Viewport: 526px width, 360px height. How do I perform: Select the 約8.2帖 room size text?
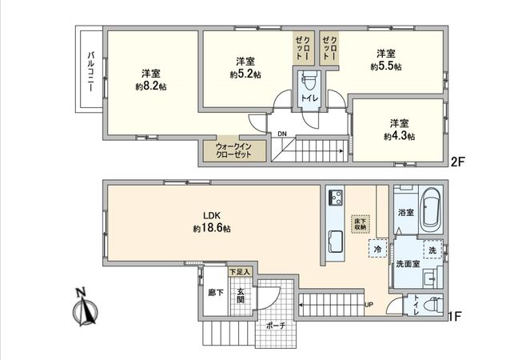[150, 86]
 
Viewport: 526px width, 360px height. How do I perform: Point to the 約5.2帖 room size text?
[245, 74]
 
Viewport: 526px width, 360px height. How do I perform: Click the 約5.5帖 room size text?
[386, 67]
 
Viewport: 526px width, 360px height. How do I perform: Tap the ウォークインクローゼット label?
[233, 150]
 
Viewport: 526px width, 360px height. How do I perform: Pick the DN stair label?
[281, 134]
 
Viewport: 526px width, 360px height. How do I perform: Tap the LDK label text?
[211, 215]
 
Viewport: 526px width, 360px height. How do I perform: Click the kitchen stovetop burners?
[334, 198]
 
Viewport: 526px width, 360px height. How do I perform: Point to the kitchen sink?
[334, 240]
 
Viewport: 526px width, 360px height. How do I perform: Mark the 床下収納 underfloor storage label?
[361, 223]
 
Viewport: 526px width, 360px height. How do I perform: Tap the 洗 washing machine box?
[431, 250]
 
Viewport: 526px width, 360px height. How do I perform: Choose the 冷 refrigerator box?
[376, 249]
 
